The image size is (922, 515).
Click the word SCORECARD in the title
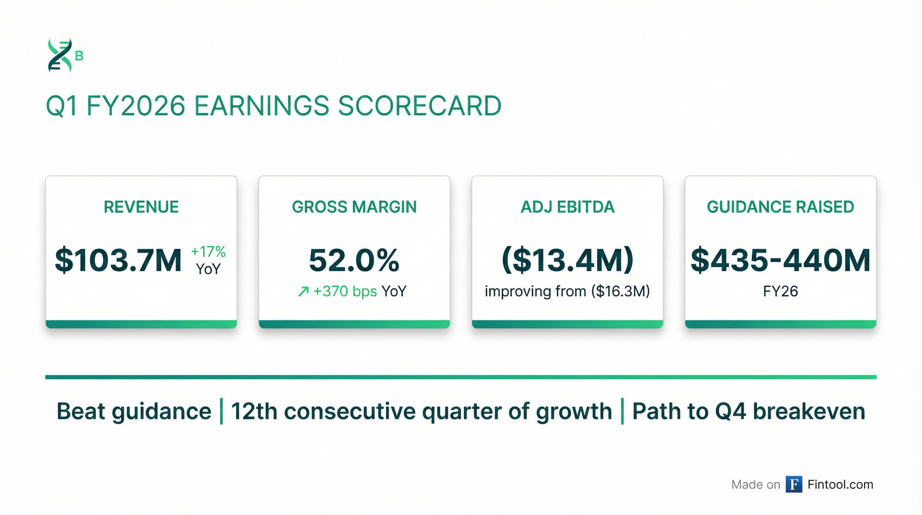tap(419, 106)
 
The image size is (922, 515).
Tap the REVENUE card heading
tap(141, 207)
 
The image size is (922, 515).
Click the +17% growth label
tap(208, 252)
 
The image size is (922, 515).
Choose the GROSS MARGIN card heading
tap(354, 207)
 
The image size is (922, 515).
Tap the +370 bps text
tap(345, 291)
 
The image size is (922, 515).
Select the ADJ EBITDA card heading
tap(567, 207)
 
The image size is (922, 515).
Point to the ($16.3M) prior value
tap(620, 291)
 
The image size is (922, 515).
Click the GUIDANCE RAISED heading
tap(780, 207)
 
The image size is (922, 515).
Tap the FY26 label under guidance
tap(780, 291)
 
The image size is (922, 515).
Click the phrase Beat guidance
tap(134, 411)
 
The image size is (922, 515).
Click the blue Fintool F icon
tap(794, 484)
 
